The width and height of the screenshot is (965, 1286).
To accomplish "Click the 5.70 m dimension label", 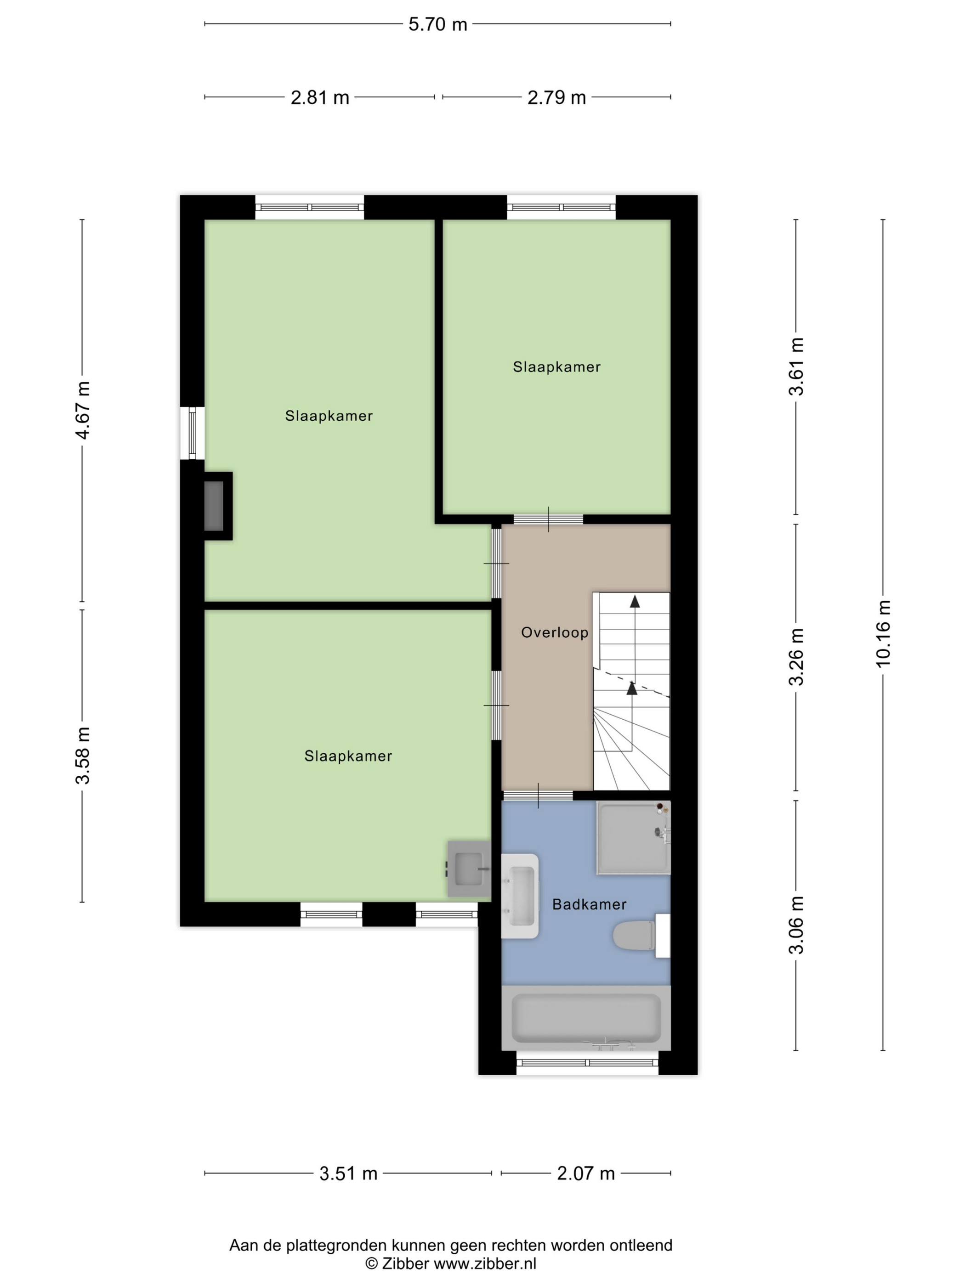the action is tap(437, 24).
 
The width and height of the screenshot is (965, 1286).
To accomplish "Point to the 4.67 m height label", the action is tap(83, 410).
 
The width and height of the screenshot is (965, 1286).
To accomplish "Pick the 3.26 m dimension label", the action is tap(796, 657).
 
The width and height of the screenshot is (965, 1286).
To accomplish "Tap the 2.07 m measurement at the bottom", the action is tap(586, 1173).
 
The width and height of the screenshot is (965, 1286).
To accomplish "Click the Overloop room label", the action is tap(554, 632).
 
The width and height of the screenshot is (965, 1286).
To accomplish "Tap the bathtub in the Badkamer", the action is tap(586, 1017).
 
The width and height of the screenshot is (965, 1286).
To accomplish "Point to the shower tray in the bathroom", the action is tap(633, 838).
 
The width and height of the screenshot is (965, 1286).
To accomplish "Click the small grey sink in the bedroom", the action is tap(469, 869).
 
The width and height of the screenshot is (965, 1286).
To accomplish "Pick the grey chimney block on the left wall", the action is tap(214, 506).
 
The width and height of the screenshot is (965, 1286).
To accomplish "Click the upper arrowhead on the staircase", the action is tap(635, 602).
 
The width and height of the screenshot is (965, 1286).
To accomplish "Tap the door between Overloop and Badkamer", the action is tap(538, 796).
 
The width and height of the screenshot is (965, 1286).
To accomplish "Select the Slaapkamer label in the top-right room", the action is tap(556, 367).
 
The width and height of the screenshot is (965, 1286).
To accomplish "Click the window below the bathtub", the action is tap(587, 1063).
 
